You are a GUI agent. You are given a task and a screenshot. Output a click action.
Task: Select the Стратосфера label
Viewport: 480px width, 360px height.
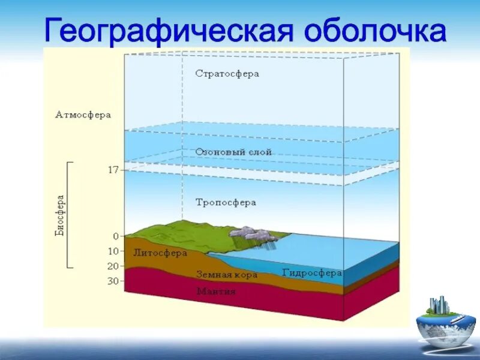[227, 74]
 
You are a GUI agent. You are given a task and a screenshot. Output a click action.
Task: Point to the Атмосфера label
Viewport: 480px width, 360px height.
[83, 115]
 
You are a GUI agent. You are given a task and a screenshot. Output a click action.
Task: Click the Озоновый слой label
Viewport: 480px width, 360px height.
[233, 152]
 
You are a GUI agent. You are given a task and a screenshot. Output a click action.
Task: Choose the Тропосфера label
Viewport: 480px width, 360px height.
[226, 202]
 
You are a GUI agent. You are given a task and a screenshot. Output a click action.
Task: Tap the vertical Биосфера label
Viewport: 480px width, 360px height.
[60, 215]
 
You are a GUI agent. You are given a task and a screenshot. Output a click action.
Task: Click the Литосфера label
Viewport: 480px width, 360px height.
[160, 253]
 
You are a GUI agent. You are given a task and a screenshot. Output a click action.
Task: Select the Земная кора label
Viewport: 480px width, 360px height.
[227, 274]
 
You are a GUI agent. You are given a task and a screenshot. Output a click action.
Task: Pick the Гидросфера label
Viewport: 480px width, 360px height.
[312, 272]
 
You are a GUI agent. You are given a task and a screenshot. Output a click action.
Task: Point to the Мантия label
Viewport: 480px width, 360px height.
[216, 292]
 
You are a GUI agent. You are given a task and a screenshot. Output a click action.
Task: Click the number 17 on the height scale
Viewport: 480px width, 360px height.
[113, 170]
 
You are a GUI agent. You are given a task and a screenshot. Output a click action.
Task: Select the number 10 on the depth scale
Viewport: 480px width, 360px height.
[113, 251]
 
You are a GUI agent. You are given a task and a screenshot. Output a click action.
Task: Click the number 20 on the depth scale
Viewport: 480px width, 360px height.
[113, 266]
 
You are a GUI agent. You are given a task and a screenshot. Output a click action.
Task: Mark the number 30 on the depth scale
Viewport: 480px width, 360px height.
[113, 281]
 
